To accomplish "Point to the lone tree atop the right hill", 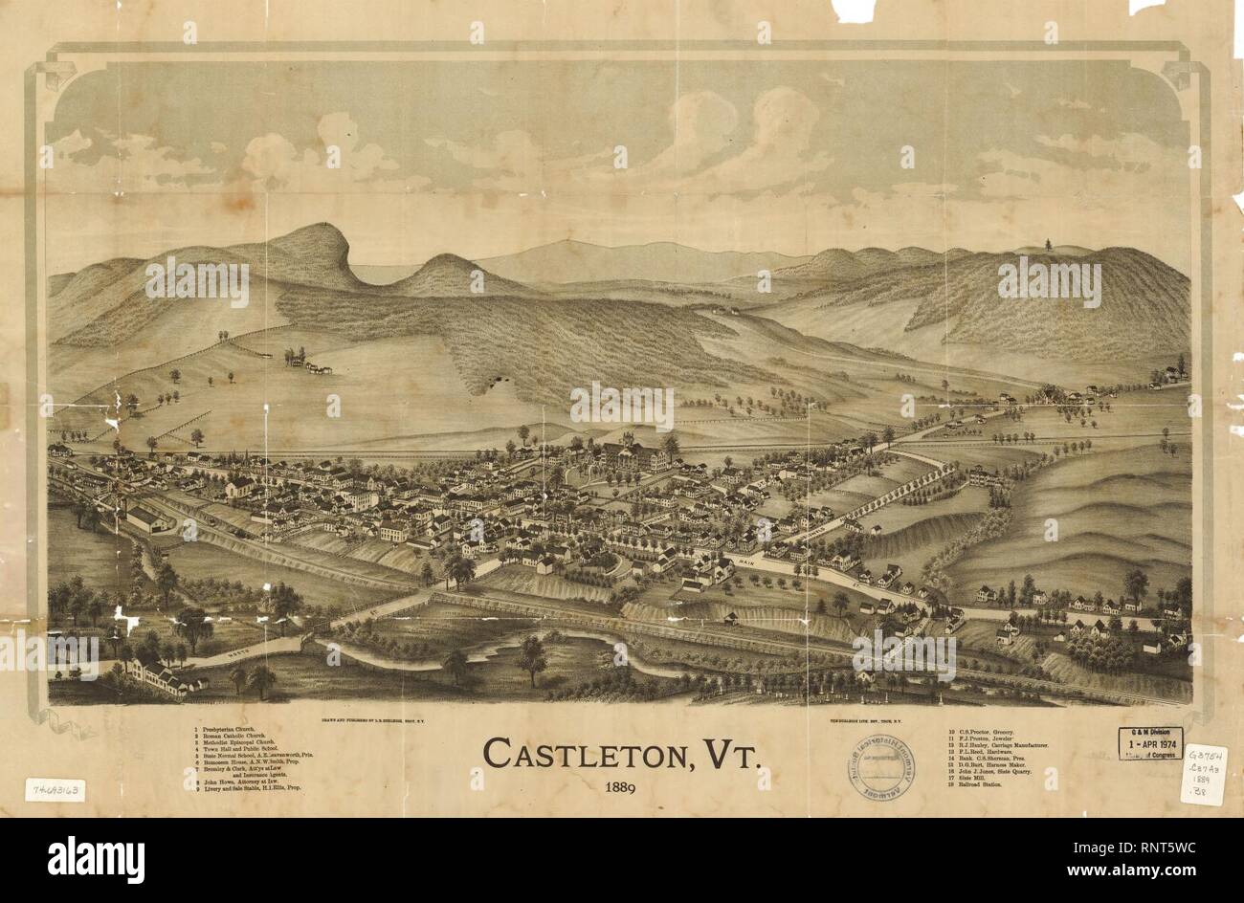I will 1051,244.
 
